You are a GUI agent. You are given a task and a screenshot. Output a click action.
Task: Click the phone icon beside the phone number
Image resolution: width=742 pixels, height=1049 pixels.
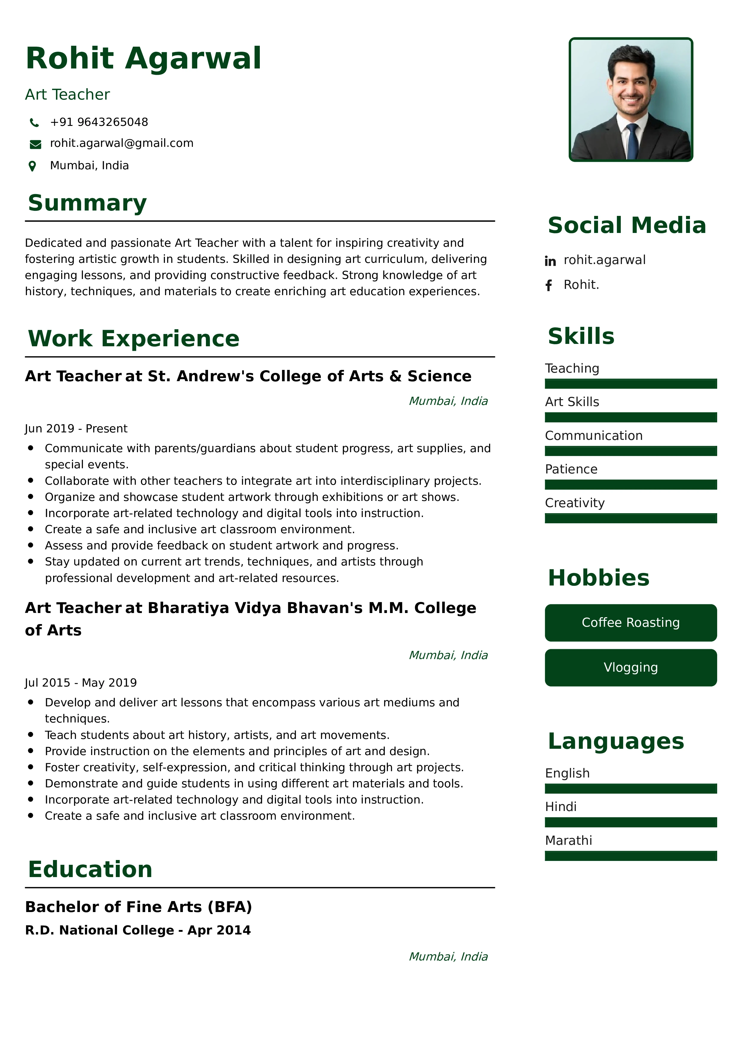click(34, 122)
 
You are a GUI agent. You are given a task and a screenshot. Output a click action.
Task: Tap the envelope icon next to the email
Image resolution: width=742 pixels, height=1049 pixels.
click(35, 144)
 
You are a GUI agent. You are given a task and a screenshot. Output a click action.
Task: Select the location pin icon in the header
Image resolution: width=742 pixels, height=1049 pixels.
click(32, 166)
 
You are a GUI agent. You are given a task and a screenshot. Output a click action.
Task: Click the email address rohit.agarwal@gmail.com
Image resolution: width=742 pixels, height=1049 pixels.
click(122, 144)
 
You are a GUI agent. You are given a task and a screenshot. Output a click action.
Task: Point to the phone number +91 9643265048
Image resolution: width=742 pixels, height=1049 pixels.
click(99, 122)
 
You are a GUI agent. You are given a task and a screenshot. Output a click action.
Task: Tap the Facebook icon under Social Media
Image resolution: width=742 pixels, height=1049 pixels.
click(549, 286)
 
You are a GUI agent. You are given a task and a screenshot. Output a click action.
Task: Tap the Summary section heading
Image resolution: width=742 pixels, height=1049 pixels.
click(87, 203)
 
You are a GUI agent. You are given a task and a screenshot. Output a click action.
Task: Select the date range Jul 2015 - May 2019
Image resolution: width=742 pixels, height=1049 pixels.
click(81, 683)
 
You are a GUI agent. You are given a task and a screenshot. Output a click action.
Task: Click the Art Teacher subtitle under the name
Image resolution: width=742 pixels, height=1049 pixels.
click(68, 94)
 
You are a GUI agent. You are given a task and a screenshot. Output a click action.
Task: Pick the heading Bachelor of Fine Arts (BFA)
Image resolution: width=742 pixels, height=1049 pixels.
click(139, 907)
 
